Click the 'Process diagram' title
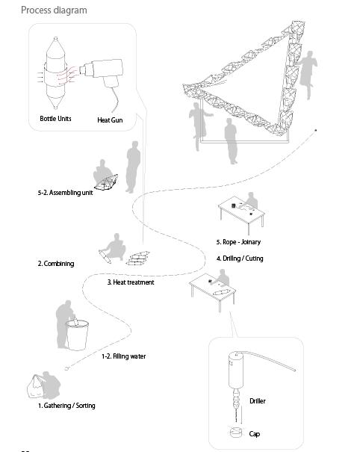pyautogui.click(x=54, y=10)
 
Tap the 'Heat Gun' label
pyautogui.click(x=110, y=120)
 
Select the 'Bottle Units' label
pyautogui.click(x=55, y=119)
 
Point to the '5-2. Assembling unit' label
pyautogui.click(x=65, y=193)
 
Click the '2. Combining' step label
pyautogui.click(x=56, y=264)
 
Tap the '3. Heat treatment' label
pyautogui.click(x=131, y=282)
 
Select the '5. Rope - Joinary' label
pyautogui.click(x=238, y=242)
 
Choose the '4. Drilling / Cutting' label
pyautogui.click(x=240, y=258)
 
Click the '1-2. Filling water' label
pyautogui.click(x=124, y=356)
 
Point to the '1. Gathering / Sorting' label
pyautogui.click(x=66, y=406)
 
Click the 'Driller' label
pyautogui.click(x=258, y=401)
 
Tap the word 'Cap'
pyautogui.click(x=255, y=434)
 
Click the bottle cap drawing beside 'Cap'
pyautogui.click(x=236, y=433)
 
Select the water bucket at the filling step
pyautogui.click(x=77, y=335)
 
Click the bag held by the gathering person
pyautogui.click(x=35, y=386)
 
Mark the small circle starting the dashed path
pyautogui.click(x=66, y=368)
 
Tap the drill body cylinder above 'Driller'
pyautogui.click(x=236, y=370)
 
